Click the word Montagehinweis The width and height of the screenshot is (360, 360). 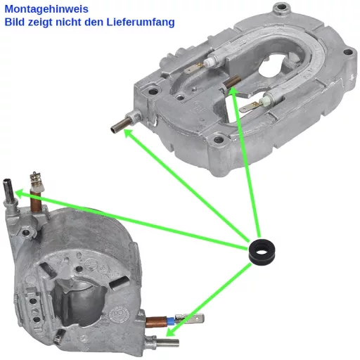[x=46, y=9]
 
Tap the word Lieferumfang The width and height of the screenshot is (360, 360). [x=141, y=22]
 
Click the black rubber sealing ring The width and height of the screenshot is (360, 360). [x=262, y=251]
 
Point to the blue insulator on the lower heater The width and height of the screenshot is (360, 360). [x=170, y=321]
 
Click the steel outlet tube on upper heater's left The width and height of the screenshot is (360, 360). [x=122, y=124]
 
